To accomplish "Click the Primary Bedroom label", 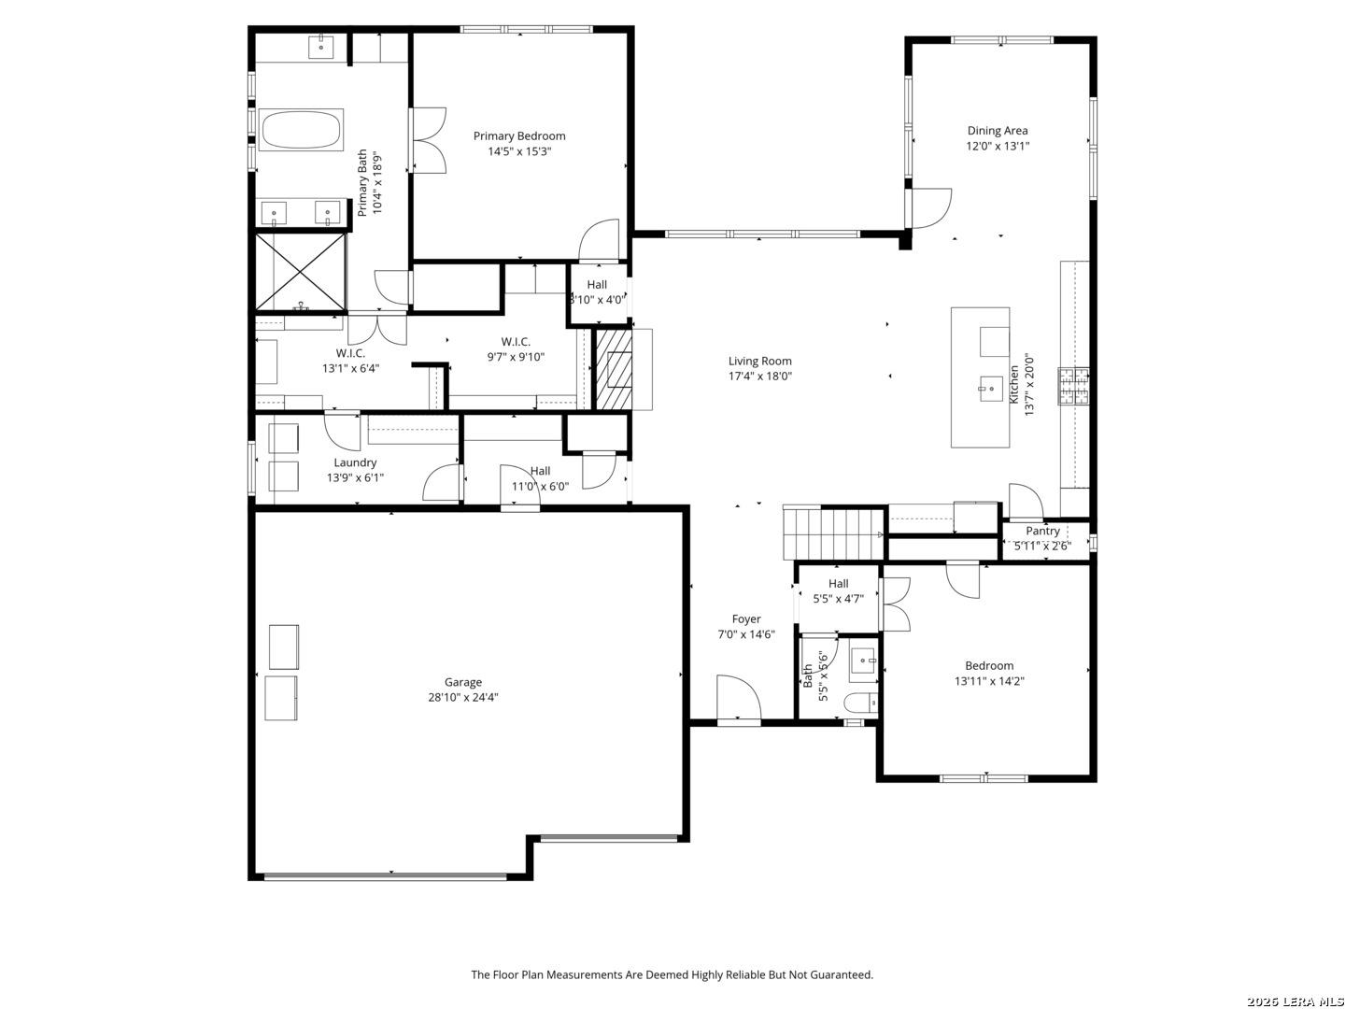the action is (519, 136).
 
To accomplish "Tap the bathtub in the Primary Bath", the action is (300, 129).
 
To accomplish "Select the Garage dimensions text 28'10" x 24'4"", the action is (462, 697).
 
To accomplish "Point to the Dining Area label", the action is (997, 131).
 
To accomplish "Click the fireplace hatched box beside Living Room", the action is (614, 369).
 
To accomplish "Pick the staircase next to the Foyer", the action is (833, 533).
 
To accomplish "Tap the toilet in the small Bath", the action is (860, 703).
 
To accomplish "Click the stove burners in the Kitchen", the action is (1073, 386).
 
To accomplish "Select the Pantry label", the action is (1042, 532).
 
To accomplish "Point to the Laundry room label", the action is (355, 462).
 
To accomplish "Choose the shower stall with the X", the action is (300, 271).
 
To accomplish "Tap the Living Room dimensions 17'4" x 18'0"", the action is (759, 377).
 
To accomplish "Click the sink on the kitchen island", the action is (990, 389).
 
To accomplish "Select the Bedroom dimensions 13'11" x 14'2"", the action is (989, 681).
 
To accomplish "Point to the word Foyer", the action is (745, 618).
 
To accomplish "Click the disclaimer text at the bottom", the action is (672, 974).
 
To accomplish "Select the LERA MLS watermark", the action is (1295, 1001).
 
